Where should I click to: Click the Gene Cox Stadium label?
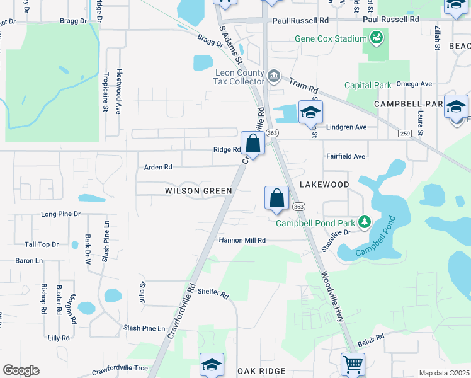pyautogui.click(x=331, y=39)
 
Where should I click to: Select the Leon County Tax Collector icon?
pyautogui.click(x=273, y=77)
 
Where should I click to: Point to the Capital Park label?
pyautogui.click(x=368, y=85)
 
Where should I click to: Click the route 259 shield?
pyautogui.click(x=404, y=133)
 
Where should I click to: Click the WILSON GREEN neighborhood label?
pyautogui.click(x=198, y=191)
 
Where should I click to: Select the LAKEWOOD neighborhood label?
pyautogui.click(x=324, y=185)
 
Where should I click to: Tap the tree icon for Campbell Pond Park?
pyautogui.click(x=364, y=222)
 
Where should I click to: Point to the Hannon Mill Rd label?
pyautogui.click(x=242, y=240)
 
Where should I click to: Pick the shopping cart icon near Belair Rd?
pyautogui.click(x=353, y=364)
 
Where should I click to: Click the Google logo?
pyautogui.click(x=21, y=370)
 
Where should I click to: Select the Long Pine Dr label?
pyautogui.click(x=60, y=214)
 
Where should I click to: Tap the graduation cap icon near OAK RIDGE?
pyautogui.click(x=212, y=365)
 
